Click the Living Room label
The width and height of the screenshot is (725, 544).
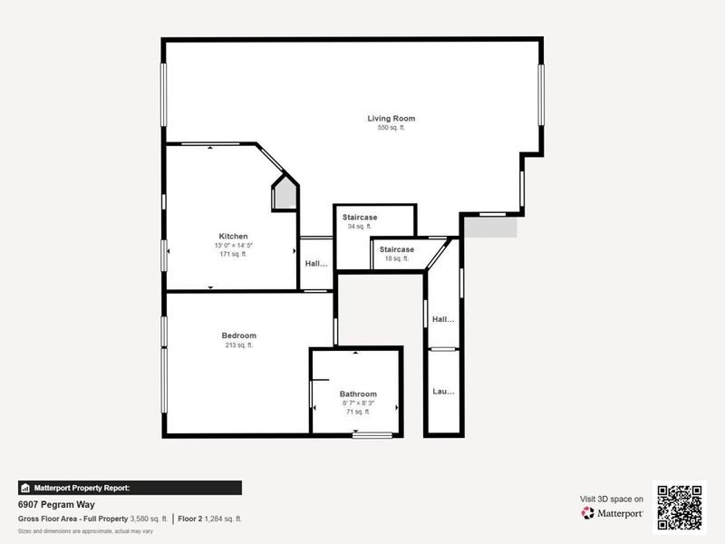[x=391, y=119]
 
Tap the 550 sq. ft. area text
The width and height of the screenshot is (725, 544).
[x=391, y=129]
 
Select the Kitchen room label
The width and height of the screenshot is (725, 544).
[x=233, y=237]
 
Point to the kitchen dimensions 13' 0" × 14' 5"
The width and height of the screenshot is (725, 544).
[x=233, y=246]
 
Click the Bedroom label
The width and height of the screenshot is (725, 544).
[x=238, y=335]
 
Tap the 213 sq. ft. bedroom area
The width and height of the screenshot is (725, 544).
[x=238, y=345]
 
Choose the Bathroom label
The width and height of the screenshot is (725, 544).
[x=358, y=393]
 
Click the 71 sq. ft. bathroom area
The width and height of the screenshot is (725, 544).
[x=358, y=412]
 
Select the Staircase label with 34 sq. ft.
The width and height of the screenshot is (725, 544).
[x=360, y=218]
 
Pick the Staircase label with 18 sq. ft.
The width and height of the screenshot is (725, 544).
[x=396, y=249]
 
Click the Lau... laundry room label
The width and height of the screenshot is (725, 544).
[x=443, y=392]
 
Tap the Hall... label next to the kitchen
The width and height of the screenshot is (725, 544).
[x=315, y=264]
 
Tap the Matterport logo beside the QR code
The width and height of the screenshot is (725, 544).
[x=613, y=513]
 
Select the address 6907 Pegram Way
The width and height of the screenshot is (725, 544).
[x=56, y=505]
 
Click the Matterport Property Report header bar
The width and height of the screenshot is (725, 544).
[x=130, y=488]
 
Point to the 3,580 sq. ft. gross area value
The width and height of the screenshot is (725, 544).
[x=149, y=519]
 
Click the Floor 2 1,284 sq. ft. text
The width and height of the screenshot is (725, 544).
[x=209, y=519]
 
